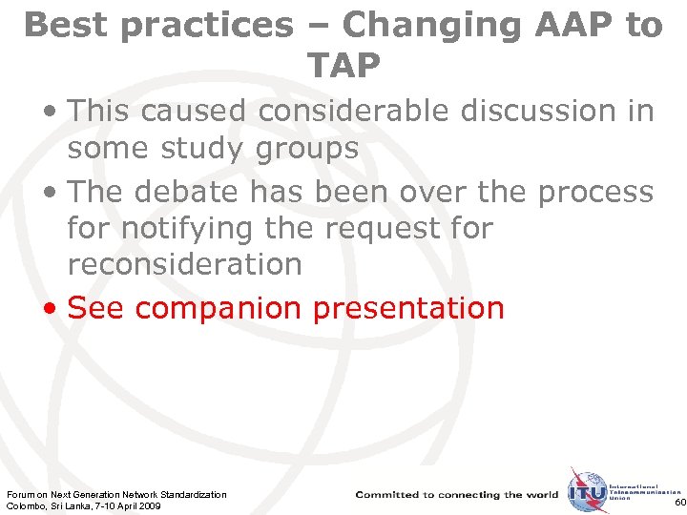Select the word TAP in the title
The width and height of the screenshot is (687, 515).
tap(343, 65)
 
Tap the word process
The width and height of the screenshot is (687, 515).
tap(596, 192)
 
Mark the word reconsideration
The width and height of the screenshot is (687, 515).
tap(184, 263)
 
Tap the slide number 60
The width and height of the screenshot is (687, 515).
tap(678, 503)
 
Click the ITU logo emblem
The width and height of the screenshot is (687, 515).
tap(586, 493)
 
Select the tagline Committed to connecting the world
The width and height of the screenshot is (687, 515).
tap(457, 495)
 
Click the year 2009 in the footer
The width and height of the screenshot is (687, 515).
tap(149, 505)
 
